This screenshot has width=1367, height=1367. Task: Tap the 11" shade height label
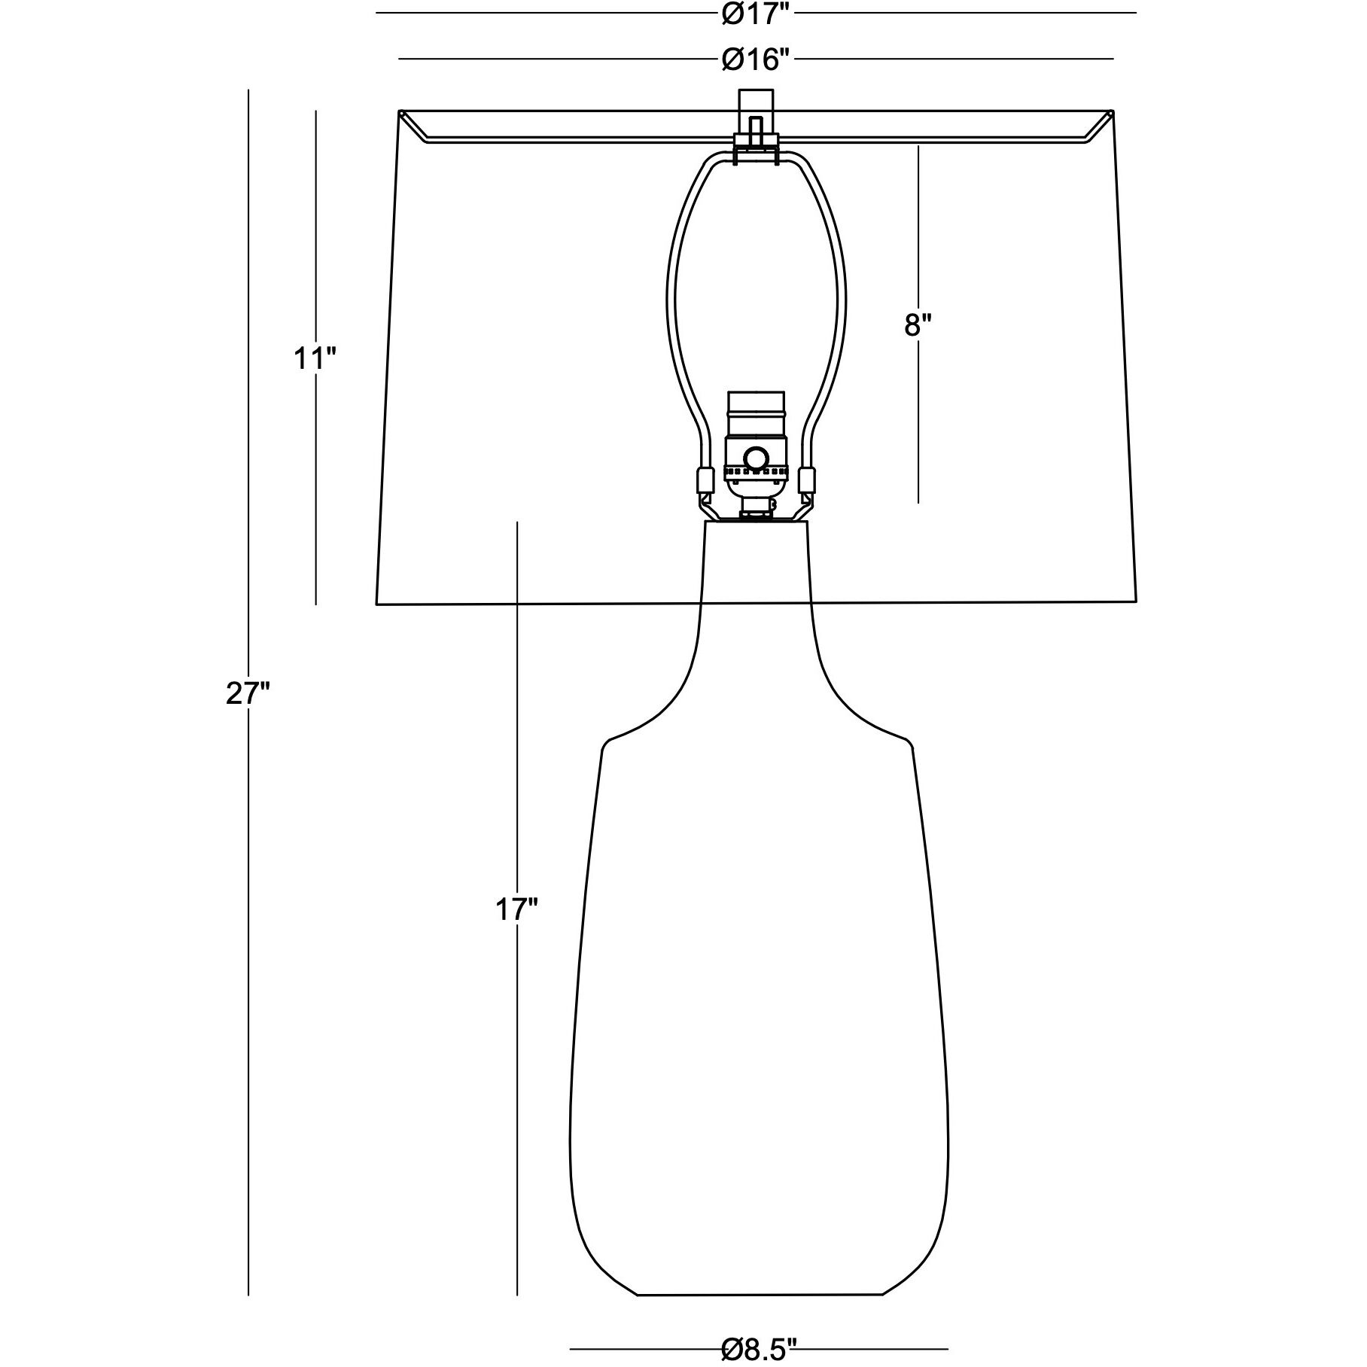(314, 359)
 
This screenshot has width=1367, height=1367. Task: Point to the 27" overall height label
(248, 694)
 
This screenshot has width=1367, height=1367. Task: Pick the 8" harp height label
(918, 325)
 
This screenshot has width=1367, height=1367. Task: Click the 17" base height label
(516, 910)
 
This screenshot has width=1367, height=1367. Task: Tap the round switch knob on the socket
(756, 457)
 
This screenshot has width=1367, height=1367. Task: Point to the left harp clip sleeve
(705, 479)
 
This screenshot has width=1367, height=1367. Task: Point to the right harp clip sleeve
(807, 479)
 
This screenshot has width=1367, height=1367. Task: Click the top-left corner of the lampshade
(399, 112)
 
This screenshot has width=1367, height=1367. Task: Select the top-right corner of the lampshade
(1113, 112)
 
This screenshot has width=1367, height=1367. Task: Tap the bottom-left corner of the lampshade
(377, 604)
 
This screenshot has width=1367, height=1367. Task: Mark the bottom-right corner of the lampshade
(1135, 602)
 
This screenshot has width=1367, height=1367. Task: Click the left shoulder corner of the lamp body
(604, 746)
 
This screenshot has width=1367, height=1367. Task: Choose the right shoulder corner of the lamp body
(910, 745)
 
